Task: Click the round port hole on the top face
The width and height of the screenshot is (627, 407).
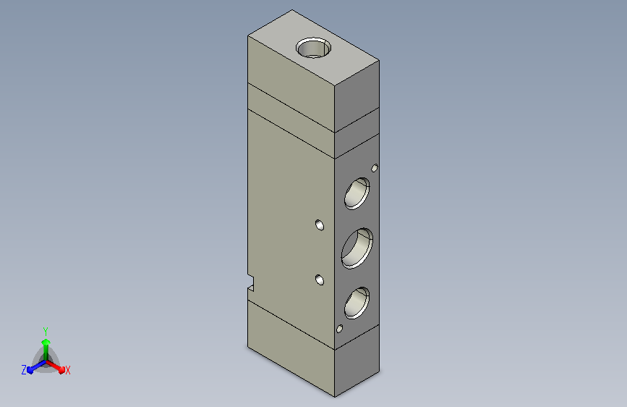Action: (314, 48)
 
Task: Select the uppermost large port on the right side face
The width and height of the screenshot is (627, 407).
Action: (357, 193)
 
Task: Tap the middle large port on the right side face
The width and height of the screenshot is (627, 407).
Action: (357, 248)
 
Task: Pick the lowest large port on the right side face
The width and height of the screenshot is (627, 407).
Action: (357, 303)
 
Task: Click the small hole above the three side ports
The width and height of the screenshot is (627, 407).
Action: (375, 168)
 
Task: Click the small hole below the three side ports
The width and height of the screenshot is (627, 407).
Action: (339, 329)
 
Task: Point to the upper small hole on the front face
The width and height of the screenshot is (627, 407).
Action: (320, 225)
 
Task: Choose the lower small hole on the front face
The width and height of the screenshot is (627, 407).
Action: (320, 280)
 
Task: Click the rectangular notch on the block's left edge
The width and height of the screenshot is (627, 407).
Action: (251, 282)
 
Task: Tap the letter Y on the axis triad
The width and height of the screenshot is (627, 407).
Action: (46, 331)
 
